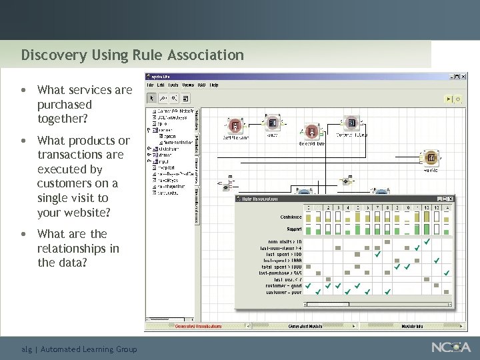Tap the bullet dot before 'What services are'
[x=24, y=90]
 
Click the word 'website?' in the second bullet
[x=87, y=213]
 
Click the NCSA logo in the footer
[x=452, y=347]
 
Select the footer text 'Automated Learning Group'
[x=89, y=349]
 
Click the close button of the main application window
[x=463, y=77]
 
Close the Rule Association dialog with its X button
[x=451, y=199]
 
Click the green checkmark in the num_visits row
[x=427, y=241]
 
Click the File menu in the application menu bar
[x=150, y=85]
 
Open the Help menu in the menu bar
[x=214, y=85]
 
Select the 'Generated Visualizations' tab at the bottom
[x=198, y=326]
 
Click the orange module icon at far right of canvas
[x=431, y=158]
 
